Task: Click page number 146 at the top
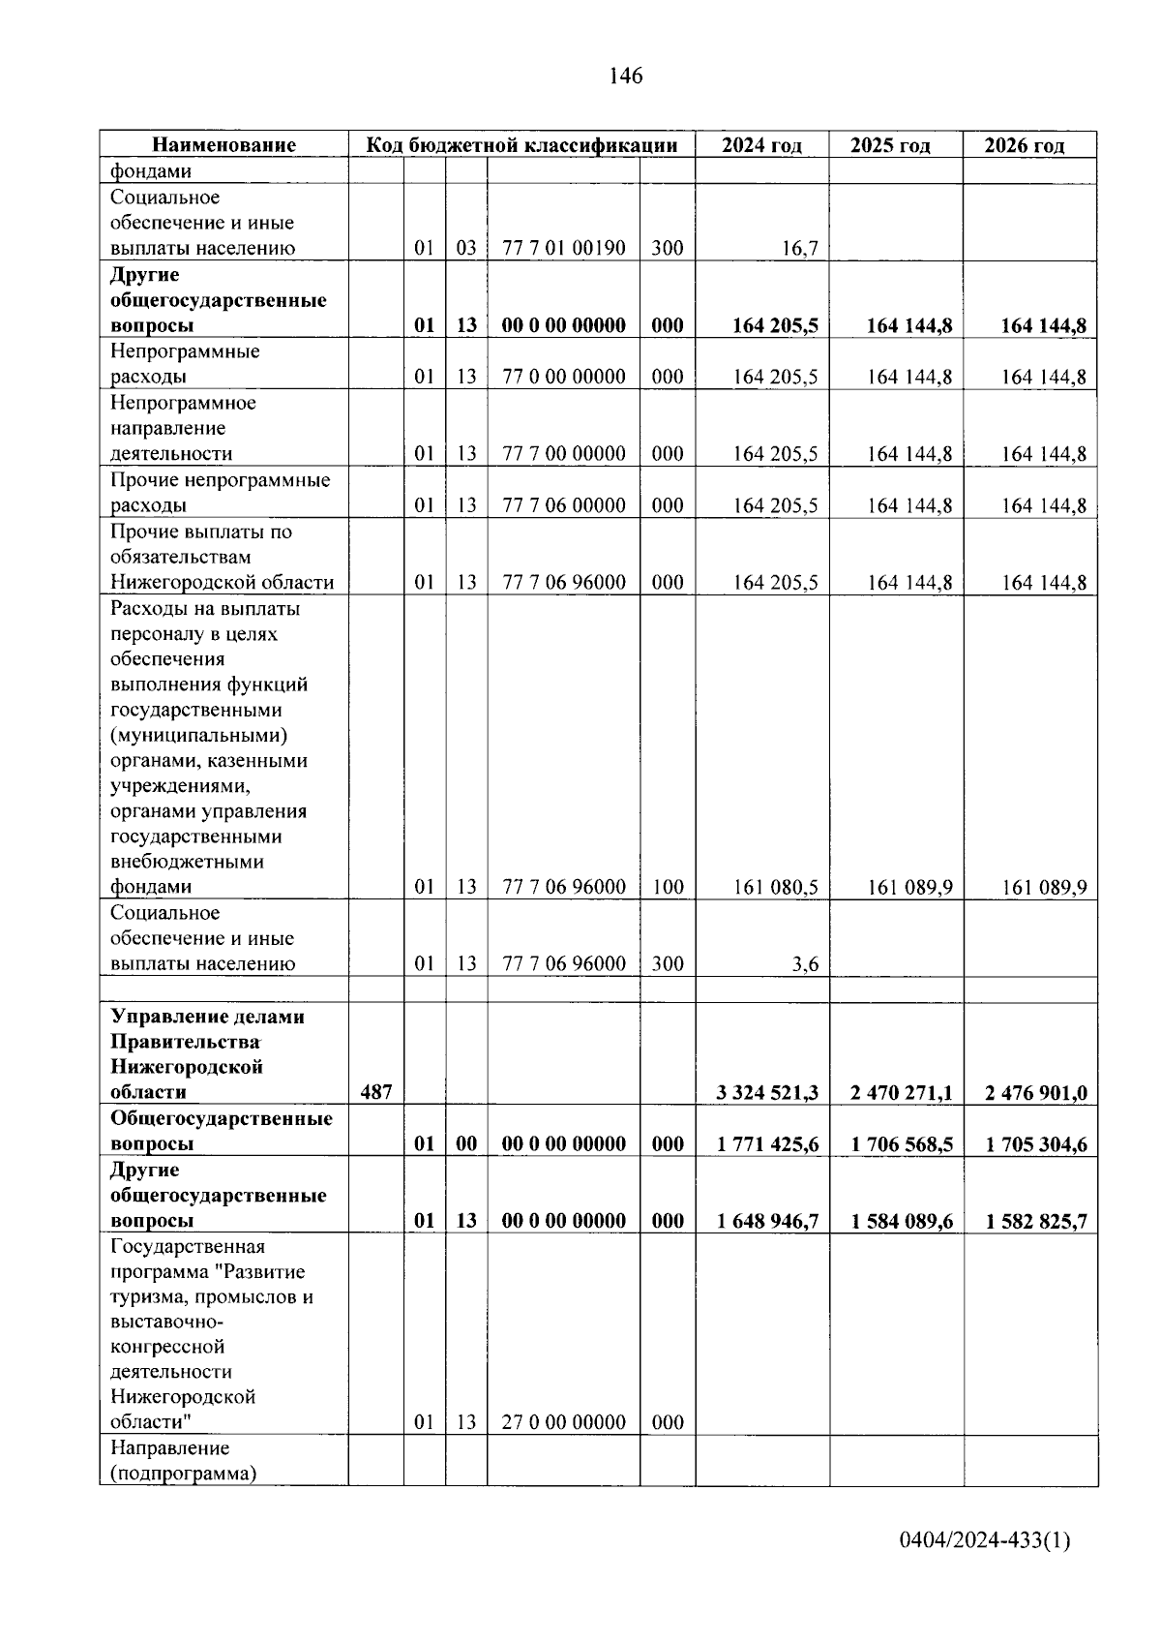(x=626, y=76)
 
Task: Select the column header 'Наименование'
(x=223, y=145)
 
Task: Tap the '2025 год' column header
(x=890, y=145)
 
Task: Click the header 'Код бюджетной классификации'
(x=521, y=145)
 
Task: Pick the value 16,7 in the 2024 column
(x=800, y=249)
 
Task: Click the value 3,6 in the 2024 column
(x=805, y=964)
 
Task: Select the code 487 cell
(x=375, y=1092)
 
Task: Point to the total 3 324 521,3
(x=767, y=1093)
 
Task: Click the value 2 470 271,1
(x=901, y=1093)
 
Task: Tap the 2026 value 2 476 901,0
(x=1035, y=1093)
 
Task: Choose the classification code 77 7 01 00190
(x=564, y=248)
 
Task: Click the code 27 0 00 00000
(x=564, y=1422)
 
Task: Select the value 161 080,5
(x=775, y=887)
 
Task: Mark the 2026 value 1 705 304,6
(x=1035, y=1144)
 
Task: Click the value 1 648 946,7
(x=767, y=1221)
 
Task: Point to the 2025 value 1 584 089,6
(x=901, y=1221)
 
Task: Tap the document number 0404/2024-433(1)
(x=984, y=1540)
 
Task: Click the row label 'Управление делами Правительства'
(x=207, y=1029)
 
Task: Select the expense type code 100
(x=668, y=887)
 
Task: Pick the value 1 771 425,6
(x=767, y=1144)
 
